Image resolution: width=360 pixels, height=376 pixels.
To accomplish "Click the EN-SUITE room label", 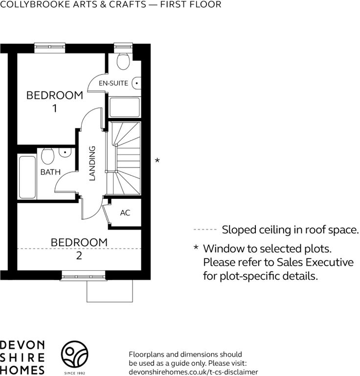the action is pos(113,83).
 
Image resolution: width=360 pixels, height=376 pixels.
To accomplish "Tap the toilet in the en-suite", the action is pos(123,61).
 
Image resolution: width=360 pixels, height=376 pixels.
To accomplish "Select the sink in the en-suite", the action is pos(136,83).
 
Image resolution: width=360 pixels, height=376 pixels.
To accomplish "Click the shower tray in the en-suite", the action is pos(124,107).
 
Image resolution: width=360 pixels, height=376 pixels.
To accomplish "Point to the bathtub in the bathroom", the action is pos(27,177).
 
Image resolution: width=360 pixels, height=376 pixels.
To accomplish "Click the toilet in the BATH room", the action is pos(47,156).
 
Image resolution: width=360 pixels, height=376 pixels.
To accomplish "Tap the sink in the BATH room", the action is pos(65,153).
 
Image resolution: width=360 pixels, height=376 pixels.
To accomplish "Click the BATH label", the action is pos(50,172).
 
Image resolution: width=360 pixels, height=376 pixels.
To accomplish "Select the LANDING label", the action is pos(92,163).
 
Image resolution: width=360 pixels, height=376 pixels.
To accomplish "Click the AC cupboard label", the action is pos(125,212).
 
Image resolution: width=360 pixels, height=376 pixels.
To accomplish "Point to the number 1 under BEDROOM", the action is pos(55,108).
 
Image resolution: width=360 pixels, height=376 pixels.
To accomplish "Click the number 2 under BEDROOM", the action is pos(79,256).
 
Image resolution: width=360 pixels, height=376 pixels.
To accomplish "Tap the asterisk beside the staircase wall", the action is pos(157,160).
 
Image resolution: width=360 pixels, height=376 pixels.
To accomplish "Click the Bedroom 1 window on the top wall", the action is pos(49,47).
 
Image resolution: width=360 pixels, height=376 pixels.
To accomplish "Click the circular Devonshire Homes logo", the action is pos(74,354).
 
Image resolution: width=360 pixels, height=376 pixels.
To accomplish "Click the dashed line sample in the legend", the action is pos(205,230).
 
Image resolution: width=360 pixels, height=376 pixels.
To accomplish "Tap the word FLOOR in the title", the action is pos(206,4).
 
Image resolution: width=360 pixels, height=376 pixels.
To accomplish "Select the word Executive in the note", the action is pos(329,262).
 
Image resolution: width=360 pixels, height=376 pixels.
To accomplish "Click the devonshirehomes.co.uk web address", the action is pos(193,372).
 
